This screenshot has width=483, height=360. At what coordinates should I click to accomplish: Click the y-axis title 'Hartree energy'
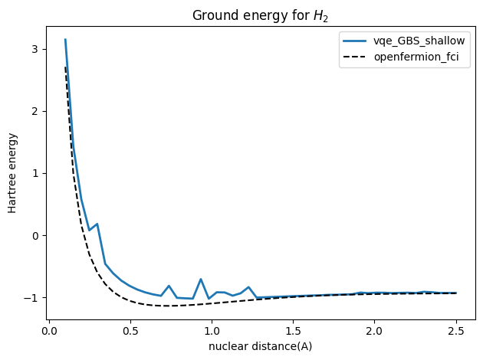tap(13, 172)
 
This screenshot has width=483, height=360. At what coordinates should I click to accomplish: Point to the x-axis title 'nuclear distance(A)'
tap(261, 346)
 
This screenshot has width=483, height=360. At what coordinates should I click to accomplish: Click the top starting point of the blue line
tap(65, 39)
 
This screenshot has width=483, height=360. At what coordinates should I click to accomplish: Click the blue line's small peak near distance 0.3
tap(97, 224)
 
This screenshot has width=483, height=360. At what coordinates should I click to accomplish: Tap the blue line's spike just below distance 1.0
tap(201, 279)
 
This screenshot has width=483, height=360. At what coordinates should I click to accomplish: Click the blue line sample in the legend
tap(363, 41)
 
